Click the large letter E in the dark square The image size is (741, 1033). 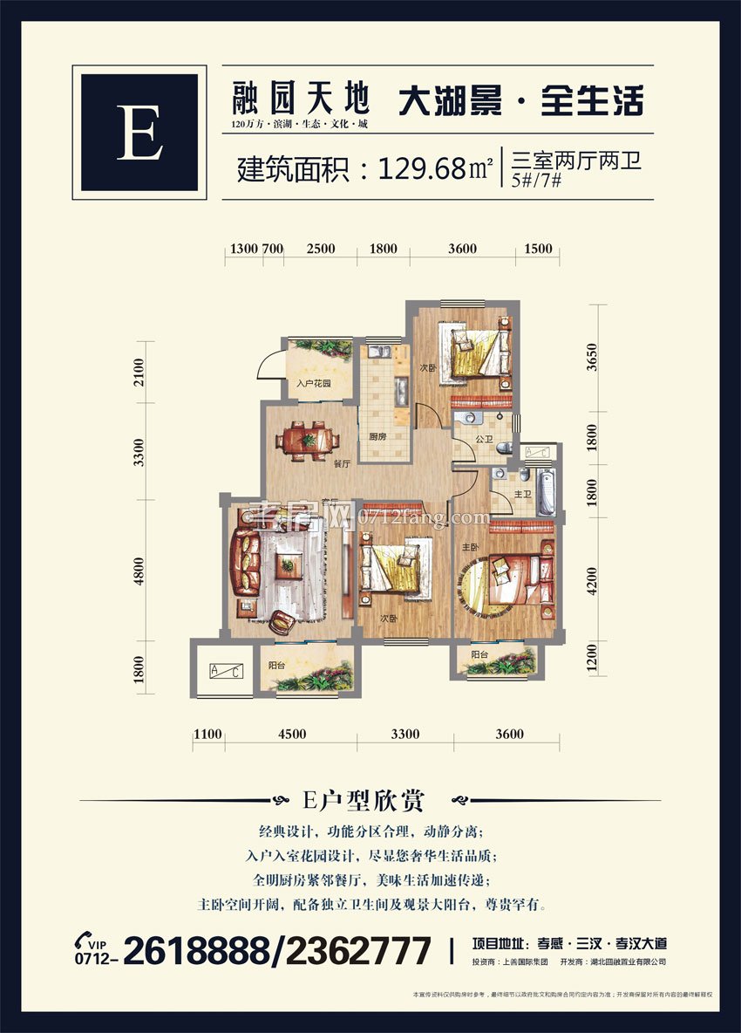point(139,133)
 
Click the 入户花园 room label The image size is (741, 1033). point(311,383)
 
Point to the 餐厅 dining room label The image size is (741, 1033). point(341,464)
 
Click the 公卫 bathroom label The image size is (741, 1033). point(485,438)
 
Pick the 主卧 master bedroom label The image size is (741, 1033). point(470,547)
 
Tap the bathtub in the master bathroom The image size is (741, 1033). point(545,492)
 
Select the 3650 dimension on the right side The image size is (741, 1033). point(593,359)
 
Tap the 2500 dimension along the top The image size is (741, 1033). point(321,249)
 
